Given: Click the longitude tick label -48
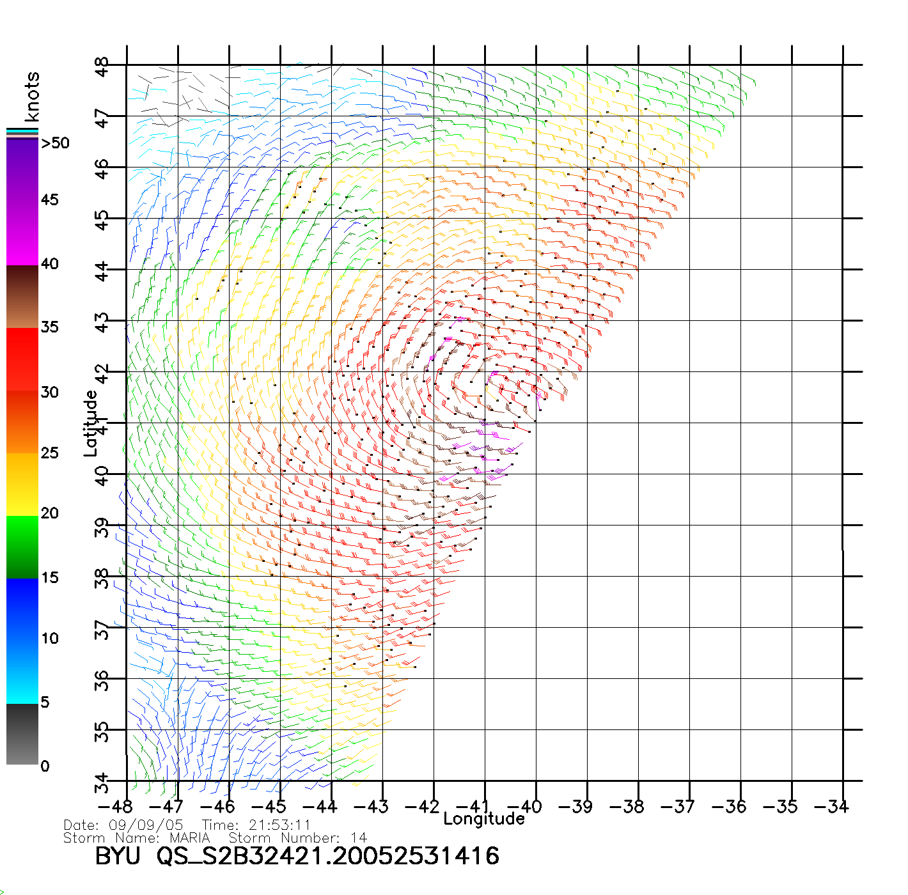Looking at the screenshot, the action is pyautogui.click(x=116, y=807).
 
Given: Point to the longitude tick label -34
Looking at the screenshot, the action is pyautogui.click(x=832, y=807).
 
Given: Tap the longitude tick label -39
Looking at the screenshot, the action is pyautogui.click(x=575, y=807).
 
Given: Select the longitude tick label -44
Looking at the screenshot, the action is pyautogui.click(x=320, y=807).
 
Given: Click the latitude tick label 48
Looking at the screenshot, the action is pyautogui.click(x=102, y=67).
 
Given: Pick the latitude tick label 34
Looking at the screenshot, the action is pyautogui.click(x=102, y=783).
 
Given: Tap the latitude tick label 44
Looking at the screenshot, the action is pyautogui.click(x=102, y=272).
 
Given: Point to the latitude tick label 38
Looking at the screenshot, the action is pyautogui.click(x=102, y=579).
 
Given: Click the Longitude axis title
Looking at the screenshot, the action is pyautogui.click(x=484, y=819).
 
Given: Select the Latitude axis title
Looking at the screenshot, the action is pyautogui.click(x=90, y=423).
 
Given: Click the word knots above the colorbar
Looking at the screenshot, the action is pyautogui.click(x=31, y=97).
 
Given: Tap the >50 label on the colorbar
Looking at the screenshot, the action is pyautogui.click(x=55, y=143).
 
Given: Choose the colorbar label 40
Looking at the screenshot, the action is pyautogui.click(x=49, y=263).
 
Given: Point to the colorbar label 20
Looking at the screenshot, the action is pyautogui.click(x=49, y=513).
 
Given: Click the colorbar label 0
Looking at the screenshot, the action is pyautogui.click(x=45, y=766).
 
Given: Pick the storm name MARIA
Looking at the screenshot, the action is pyautogui.click(x=189, y=837).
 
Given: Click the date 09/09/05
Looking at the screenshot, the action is pyautogui.click(x=146, y=825).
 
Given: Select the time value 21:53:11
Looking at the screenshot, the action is pyautogui.click(x=279, y=825).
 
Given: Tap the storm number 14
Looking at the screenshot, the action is pyautogui.click(x=359, y=837).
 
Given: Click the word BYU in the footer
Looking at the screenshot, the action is pyautogui.click(x=118, y=856).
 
